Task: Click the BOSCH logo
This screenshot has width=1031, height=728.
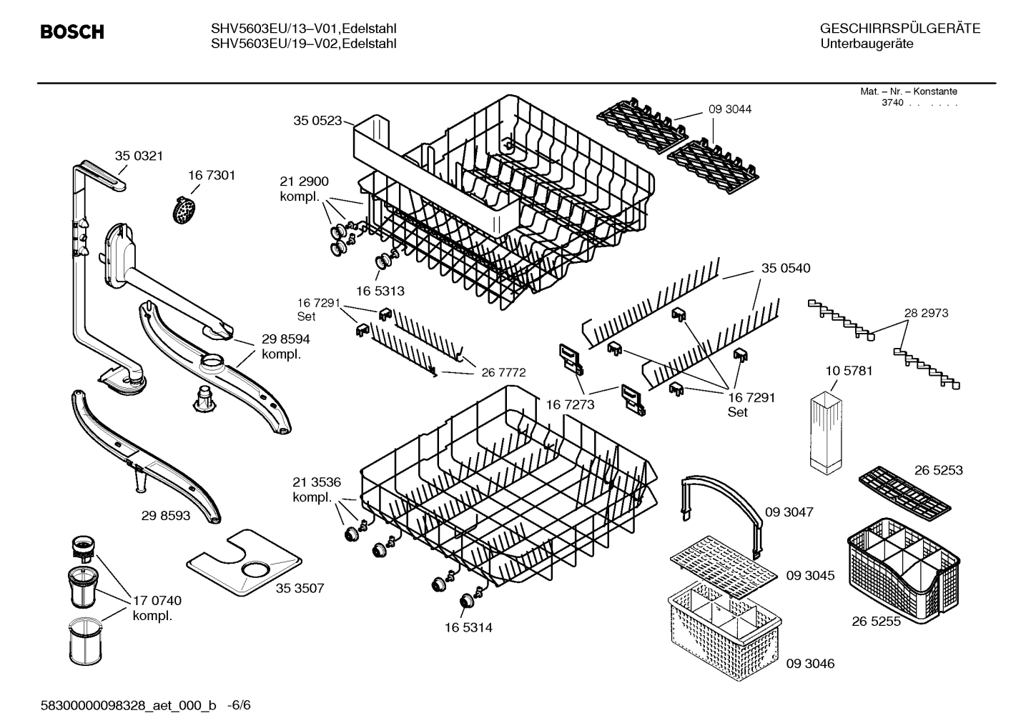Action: [72, 32]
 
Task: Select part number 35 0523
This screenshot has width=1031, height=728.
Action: [317, 121]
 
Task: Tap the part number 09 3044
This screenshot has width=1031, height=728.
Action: [730, 109]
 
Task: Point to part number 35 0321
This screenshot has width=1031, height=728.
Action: [139, 156]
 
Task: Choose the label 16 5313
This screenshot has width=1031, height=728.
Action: [380, 291]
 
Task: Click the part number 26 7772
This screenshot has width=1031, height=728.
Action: [503, 372]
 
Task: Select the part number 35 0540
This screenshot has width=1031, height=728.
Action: [786, 268]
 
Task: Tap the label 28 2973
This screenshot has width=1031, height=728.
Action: [926, 313]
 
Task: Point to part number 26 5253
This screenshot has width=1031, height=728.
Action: [938, 470]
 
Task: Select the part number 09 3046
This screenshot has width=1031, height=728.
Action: [810, 664]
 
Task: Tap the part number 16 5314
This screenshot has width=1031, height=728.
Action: [468, 627]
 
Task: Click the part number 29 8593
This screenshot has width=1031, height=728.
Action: [166, 515]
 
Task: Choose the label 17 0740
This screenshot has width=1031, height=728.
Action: [157, 601]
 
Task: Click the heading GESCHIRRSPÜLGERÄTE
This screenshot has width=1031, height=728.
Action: [900, 29]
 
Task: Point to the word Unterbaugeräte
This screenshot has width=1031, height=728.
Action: [867, 44]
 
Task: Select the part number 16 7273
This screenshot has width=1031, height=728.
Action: [570, 405]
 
